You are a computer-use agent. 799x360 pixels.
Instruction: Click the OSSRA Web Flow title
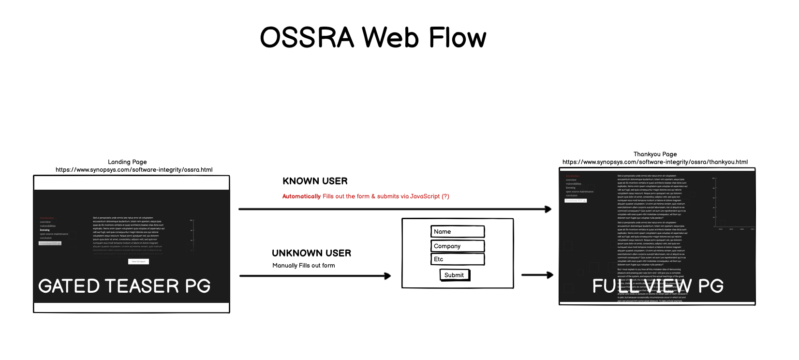click(373, 37)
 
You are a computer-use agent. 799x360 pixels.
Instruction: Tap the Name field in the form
click(457, 232)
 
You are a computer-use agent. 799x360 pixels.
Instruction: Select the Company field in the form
click(457, 246)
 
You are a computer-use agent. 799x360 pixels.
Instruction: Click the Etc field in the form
click(457, 259)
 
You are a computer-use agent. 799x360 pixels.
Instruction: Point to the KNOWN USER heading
click(315, 181)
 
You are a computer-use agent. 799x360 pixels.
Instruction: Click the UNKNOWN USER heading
click(311, 253)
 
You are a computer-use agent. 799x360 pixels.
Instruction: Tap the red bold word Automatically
click(301, 196)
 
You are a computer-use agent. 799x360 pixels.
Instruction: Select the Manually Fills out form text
click(303, 266)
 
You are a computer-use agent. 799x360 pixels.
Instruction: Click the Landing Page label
click(127, 162)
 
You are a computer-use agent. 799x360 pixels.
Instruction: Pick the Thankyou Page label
click(655, 154)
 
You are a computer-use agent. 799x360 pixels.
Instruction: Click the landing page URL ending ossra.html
click(134, 170)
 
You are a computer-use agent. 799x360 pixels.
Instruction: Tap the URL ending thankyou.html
click(655, 162)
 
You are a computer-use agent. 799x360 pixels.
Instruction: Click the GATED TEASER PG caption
click(124, 286)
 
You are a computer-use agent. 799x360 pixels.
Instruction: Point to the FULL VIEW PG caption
click(658, 286)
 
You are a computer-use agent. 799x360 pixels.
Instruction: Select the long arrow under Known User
click(395, 209)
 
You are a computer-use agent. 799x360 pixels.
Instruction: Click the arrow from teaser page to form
click(315, 276)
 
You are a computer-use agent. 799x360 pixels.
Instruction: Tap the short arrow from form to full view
click(537, 275)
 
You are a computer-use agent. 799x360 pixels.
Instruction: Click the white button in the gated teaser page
click(138, 261)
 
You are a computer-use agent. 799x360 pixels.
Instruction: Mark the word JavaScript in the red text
click(425, 196)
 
